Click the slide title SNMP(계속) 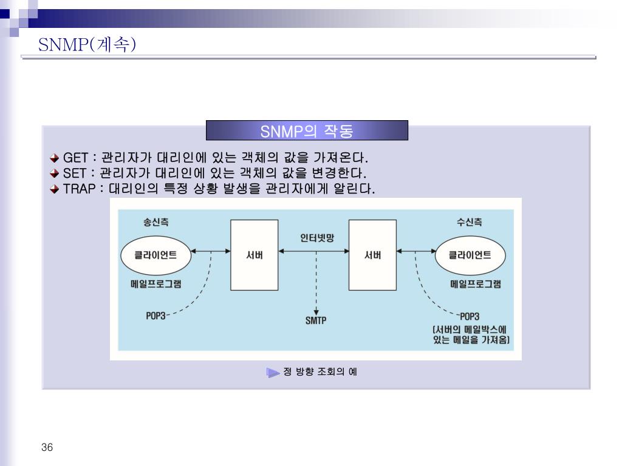click(87, 45)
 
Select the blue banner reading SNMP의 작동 click(307, 131)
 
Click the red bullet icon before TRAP click(55, 189)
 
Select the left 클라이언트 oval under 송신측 click(155, 255)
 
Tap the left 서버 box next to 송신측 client click(250, 255)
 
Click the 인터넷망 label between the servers click(317, 238)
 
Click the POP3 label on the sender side click(155, 316)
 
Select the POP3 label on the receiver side click(470, 316)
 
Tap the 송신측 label click(156, 222)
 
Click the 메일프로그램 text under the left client click(155, 283)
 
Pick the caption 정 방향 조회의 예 click(320, 371)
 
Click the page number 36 click(48, 448)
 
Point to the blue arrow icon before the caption click(273, 372)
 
